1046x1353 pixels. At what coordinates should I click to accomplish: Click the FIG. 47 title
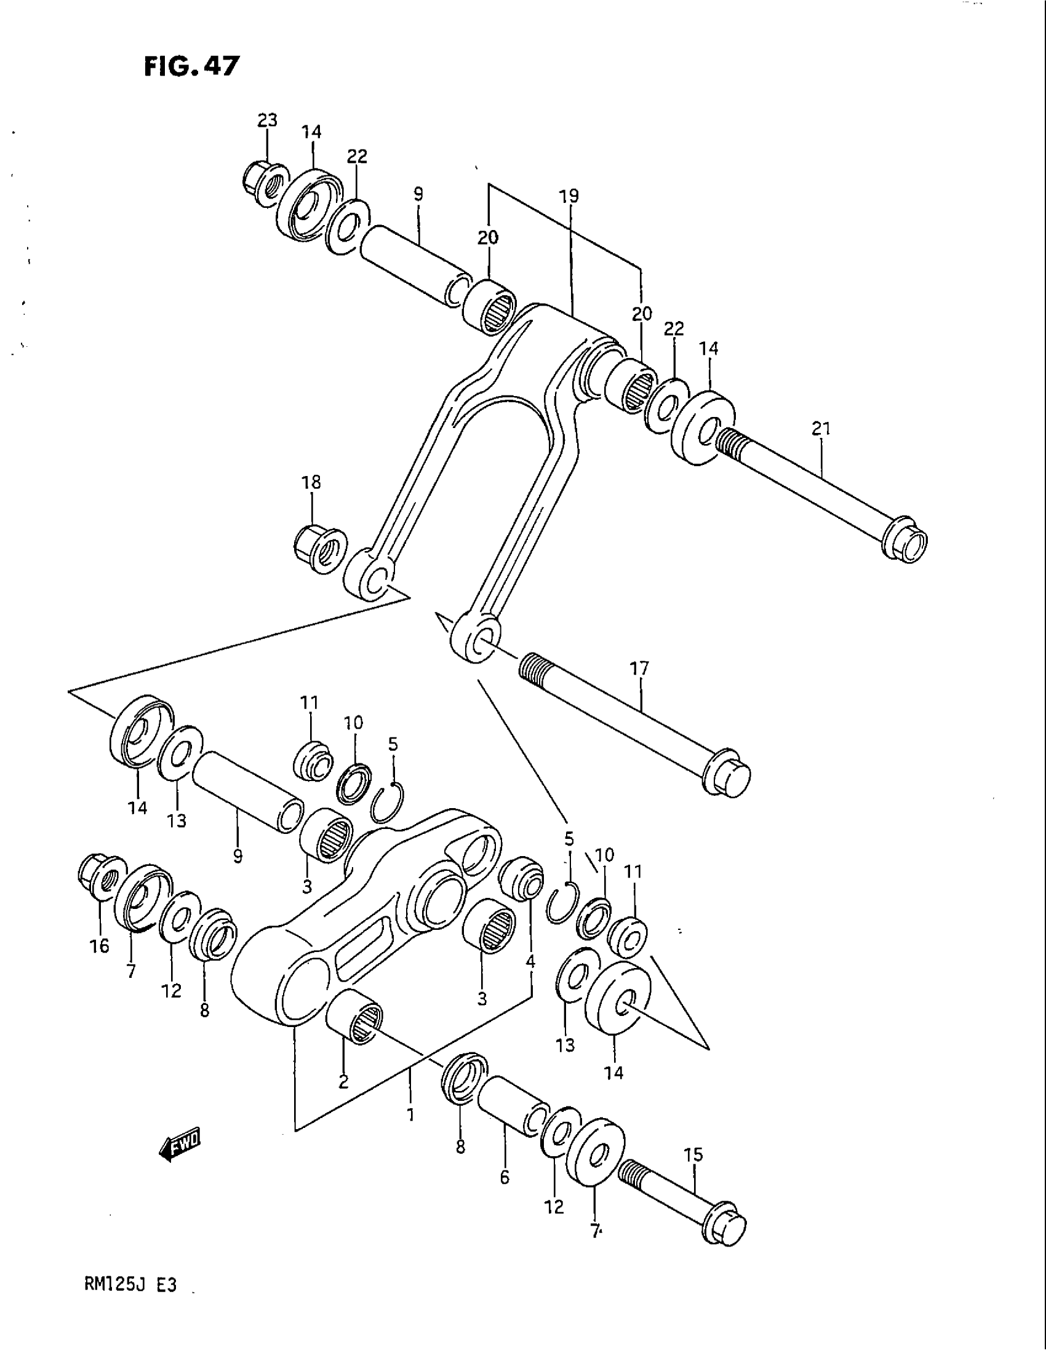pyautogui.click(x=190, y=66)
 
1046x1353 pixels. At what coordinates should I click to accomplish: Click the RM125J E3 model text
pyautogui.click(x=129, y=1302)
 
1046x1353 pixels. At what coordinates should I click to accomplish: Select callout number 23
pyautogui.click(x=267, y=119)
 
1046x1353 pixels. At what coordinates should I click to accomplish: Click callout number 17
pyautogui.click(x=639, y=669)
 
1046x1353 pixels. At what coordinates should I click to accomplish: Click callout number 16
pyautogui.click(x=99, y=946)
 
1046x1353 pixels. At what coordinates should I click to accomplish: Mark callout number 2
pyautogui.click(x=343, y=1082)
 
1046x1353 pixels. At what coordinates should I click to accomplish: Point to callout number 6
pyautogui.click(x=505, y=1177)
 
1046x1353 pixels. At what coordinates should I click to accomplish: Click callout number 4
pyautogui.click(x=530, y=961)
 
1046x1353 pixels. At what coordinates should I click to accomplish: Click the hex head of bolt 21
pyautogui.click(x=907, y=540)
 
